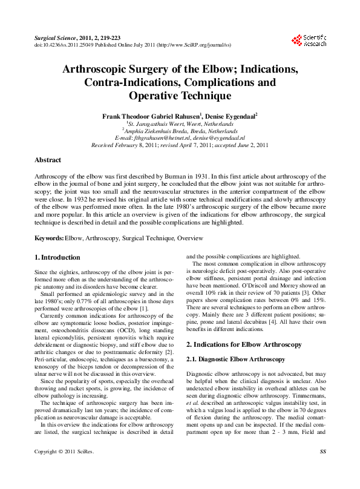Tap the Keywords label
48,238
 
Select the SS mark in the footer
322,469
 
